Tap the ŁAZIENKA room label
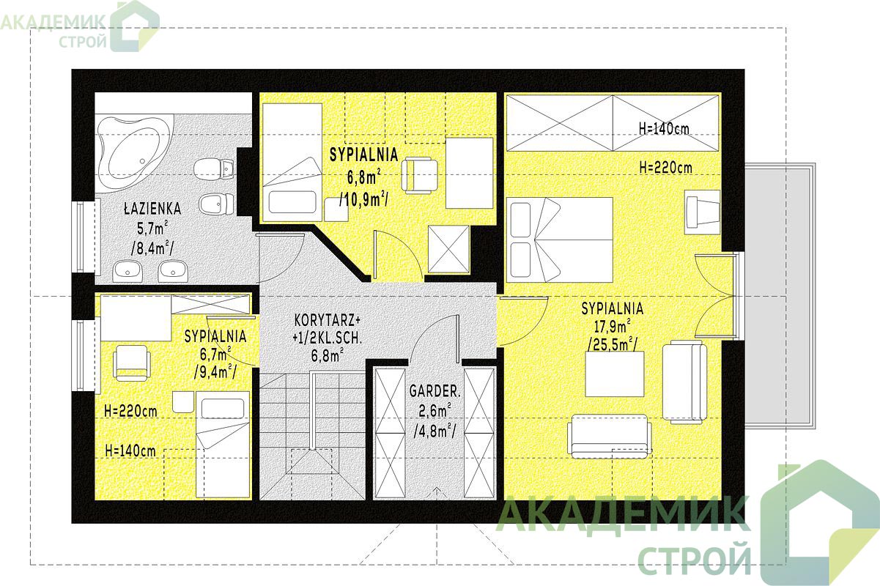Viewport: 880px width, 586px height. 152,209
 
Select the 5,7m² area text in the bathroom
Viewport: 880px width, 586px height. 152,228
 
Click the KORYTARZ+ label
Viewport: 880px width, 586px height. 327,321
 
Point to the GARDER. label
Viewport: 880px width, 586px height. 435,391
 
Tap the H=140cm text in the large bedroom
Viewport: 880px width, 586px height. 664,128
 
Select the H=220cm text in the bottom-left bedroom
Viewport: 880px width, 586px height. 130,411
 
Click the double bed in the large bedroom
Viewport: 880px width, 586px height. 560,240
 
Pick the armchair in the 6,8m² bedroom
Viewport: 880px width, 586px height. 419,175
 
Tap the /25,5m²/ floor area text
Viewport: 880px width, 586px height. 613,344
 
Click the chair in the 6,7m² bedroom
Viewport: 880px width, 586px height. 132,363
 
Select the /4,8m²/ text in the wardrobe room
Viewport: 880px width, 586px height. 435,431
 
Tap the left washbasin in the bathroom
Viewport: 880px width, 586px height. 127,270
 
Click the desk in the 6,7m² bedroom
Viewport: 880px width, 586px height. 136,318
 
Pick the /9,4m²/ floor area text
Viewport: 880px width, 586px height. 215,371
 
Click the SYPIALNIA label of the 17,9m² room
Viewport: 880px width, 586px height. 613,308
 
